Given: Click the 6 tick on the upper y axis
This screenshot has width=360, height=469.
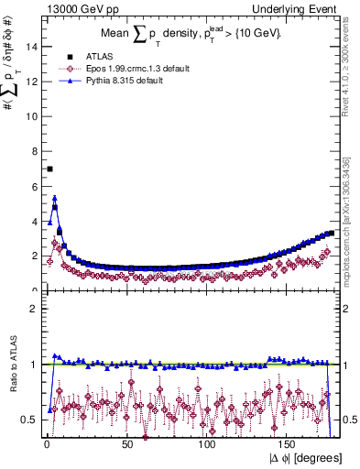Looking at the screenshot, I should pos(34,186).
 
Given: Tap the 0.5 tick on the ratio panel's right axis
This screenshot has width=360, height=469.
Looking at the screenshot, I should pos(349,420).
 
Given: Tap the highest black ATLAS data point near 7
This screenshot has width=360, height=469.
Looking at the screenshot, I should pos(49,169).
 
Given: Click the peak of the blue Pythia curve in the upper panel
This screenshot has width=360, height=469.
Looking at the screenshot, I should pos(54,197).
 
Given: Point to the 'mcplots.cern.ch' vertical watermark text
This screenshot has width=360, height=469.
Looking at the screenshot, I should pos(352,238).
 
